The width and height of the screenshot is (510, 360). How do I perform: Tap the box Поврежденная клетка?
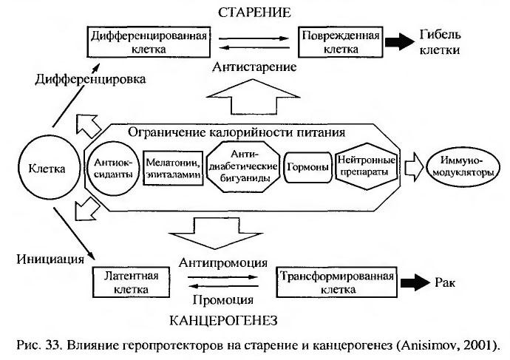coord(341,42)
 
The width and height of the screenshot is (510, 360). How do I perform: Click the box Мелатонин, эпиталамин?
coord(172,168)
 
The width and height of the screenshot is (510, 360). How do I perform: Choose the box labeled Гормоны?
coord(306,168)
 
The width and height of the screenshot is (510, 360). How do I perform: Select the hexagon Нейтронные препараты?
coord(366,168)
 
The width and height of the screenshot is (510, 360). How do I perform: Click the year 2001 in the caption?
coord(482,345)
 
